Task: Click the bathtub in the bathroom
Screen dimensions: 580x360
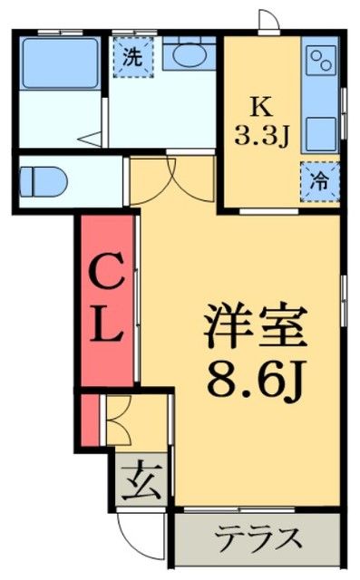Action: (59, 63)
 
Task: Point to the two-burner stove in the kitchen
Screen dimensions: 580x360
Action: (320, 63)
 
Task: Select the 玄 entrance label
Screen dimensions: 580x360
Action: (141, 478)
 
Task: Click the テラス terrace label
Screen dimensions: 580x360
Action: (258, 536)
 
